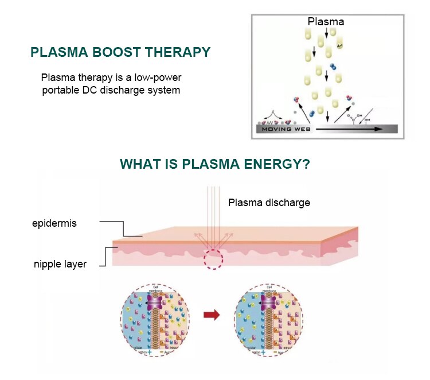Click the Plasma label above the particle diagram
326,22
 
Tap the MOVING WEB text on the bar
284,129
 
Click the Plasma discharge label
269,203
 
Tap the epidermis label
54,223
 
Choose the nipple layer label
60,264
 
